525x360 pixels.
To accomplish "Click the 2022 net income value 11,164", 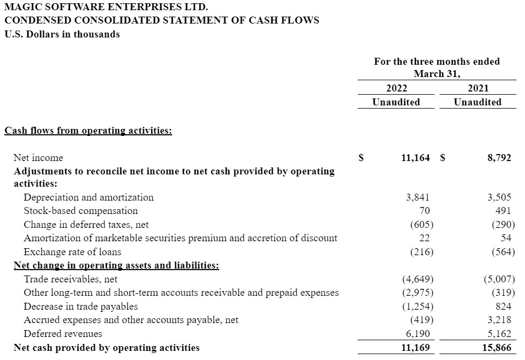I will point(415,158).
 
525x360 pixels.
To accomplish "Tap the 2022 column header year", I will point(396,88).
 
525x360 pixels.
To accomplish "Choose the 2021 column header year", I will point(477,88).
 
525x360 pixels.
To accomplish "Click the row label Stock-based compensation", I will point(81,211).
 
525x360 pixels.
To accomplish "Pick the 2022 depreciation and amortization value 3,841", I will point(418,197).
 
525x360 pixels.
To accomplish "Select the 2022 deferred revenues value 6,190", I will point(418,334).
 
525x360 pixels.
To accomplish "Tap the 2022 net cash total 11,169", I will point(415,348).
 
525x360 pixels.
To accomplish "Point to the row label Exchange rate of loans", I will point(72,252).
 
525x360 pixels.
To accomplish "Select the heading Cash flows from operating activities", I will point(88,131).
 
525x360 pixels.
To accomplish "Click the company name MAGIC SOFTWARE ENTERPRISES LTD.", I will point(106,7).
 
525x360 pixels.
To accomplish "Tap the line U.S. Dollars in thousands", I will point(62,34).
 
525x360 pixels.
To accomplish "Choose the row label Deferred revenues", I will point(63,334).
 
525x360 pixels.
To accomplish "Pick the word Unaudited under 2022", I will point(396,102).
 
